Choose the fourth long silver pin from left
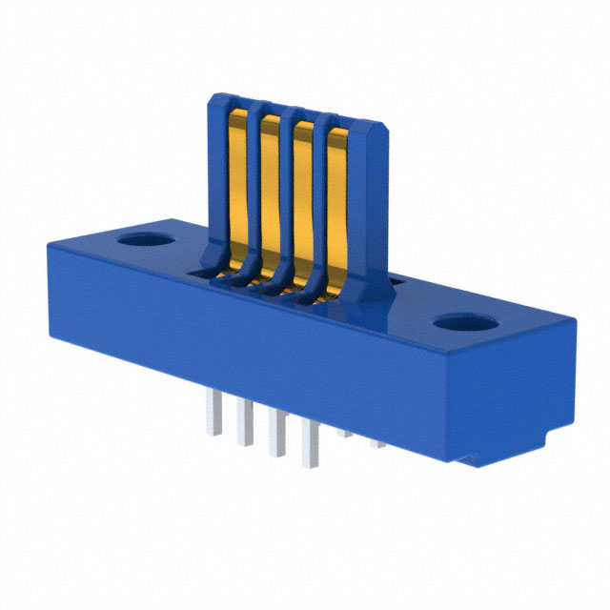[x=309, y=449]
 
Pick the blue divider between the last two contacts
[x=322, y=209]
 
